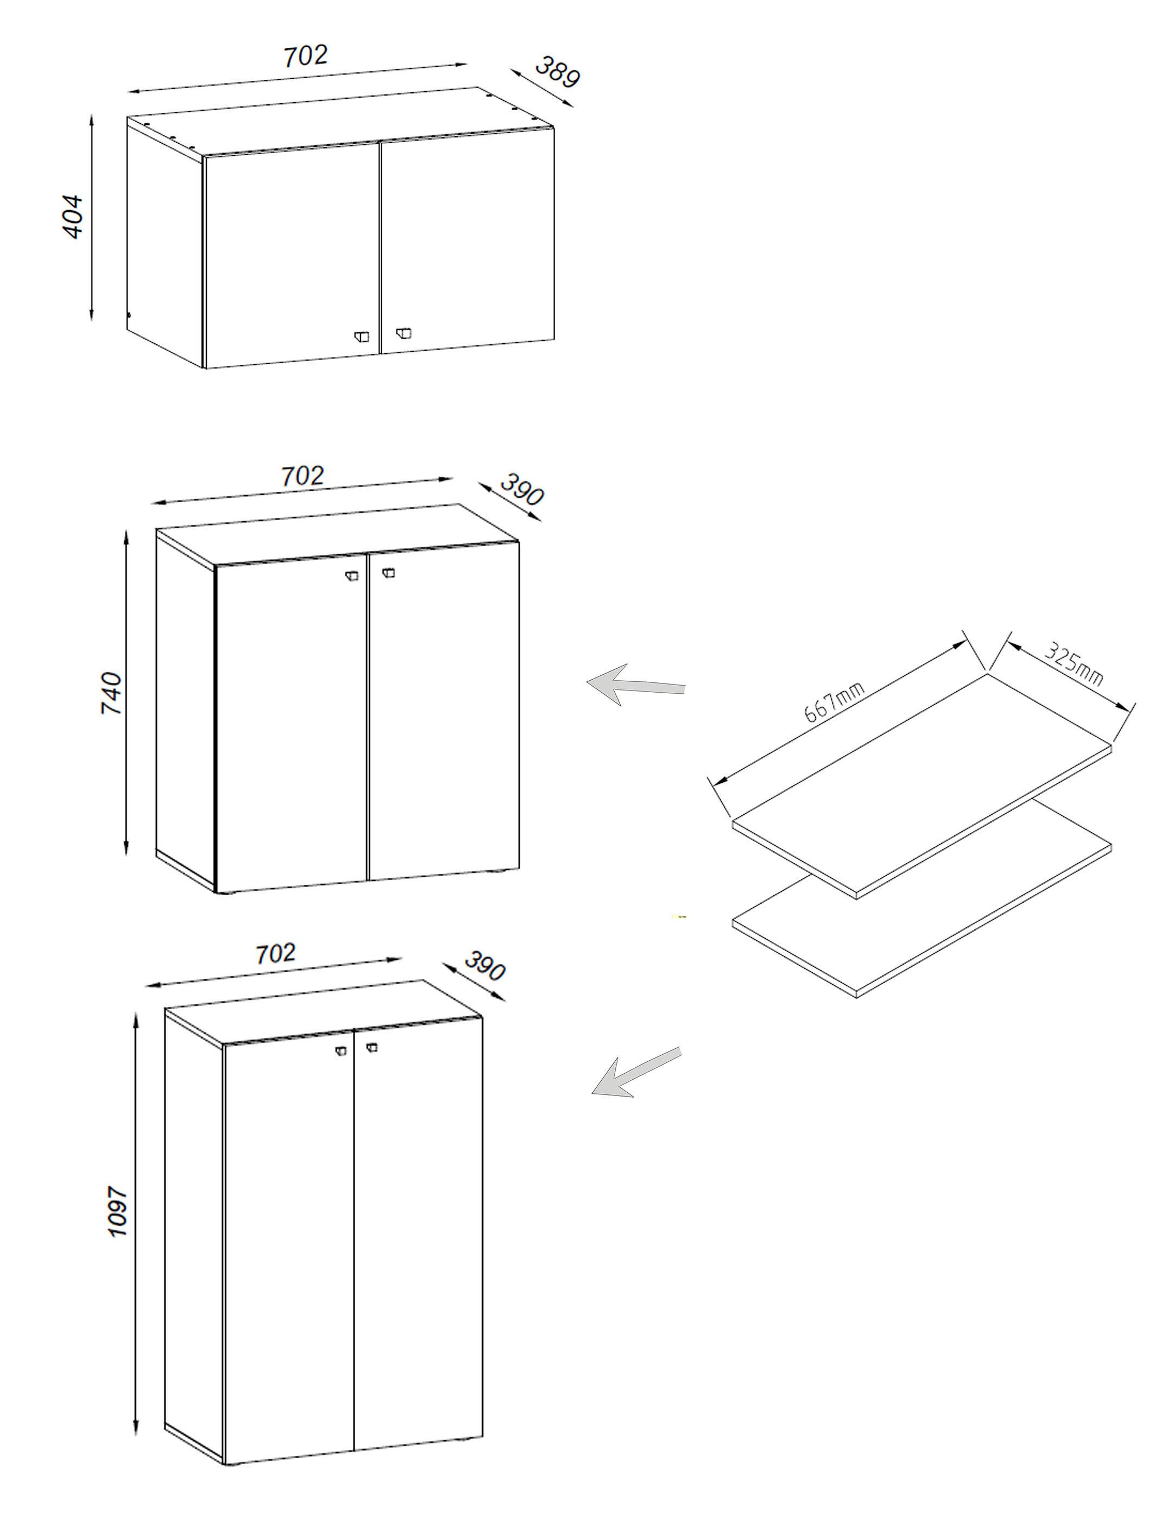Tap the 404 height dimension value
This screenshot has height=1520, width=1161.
click(73, 217)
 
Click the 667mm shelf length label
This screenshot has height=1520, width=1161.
click(834, 702)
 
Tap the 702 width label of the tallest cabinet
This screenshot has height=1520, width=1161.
click(275, 954)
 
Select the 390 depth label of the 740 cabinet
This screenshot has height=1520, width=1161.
click(522, 489)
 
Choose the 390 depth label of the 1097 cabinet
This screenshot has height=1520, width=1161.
click(484, 966)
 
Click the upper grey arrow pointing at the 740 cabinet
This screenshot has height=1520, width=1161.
click(634, 686)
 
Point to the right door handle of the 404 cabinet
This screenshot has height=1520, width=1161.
click(403, 334)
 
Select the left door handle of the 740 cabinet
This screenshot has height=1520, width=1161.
click(352, 575)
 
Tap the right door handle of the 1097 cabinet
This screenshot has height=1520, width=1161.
click(372, 1047)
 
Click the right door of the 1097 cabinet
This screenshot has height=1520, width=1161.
click(418, 1244)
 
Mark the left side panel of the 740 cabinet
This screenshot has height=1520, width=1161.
click(185, 712)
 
